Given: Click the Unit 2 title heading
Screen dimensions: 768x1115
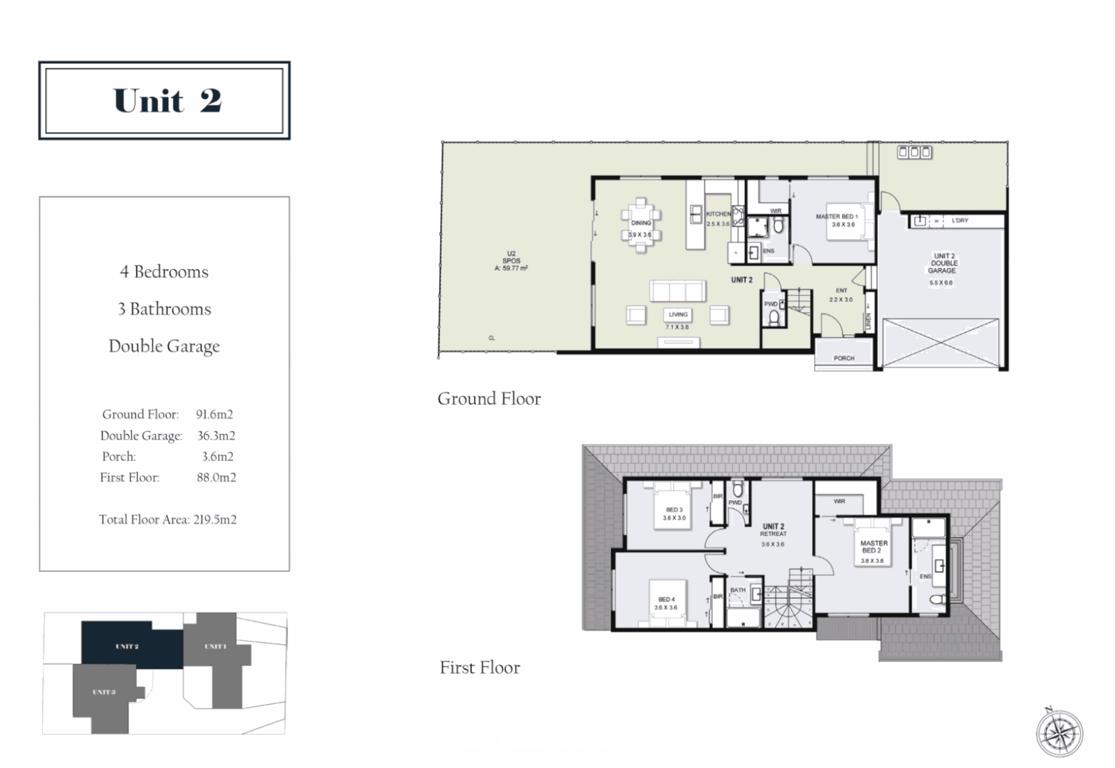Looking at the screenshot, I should click(x=167, y=101).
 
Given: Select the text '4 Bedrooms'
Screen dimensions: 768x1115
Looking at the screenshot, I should click(x=164, y=272).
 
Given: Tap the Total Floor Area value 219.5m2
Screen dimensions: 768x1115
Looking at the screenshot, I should click(x=215, y=520).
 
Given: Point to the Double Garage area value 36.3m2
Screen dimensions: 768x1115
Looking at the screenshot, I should click(x=216, y=436).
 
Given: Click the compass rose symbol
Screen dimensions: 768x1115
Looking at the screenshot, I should click(x=1059, y=733).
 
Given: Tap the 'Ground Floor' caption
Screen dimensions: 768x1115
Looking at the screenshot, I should click(x=489, y=399).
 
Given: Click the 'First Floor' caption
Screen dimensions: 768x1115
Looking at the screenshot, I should click(x=480, y=668).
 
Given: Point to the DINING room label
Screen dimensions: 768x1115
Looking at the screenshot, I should click(x=640, y=223).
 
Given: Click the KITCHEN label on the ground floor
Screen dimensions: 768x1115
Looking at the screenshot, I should click(x=718, y=214).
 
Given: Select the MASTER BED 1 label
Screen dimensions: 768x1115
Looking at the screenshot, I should click(x=837, y=217).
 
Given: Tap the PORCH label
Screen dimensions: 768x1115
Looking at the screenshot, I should click(x=844, y=358).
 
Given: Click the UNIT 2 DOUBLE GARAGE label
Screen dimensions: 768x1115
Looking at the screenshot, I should click(x=943, y=263).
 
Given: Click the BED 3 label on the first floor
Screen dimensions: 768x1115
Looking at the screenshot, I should click(x=675, y=510).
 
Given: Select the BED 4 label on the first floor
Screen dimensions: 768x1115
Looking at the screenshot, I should click(x=667, y=599).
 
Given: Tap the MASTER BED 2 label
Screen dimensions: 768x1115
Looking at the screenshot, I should click(x=874, y=547).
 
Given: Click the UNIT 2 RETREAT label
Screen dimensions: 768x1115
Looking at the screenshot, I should click(x=773, y=530).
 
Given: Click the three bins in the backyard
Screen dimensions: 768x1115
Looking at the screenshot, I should click(x=914, y=152).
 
